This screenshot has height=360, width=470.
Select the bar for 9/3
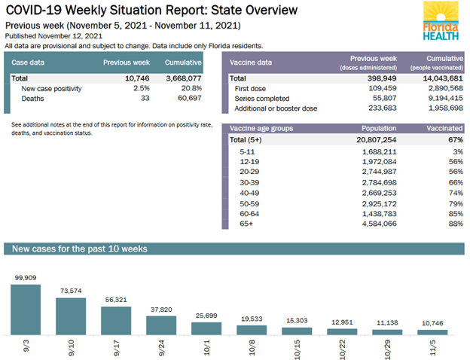25,309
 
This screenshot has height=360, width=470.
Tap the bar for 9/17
115,320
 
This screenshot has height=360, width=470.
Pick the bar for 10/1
206,328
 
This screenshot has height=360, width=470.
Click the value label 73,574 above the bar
70,290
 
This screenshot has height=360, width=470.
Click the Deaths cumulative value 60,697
185,98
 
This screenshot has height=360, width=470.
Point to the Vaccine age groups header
262,129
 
